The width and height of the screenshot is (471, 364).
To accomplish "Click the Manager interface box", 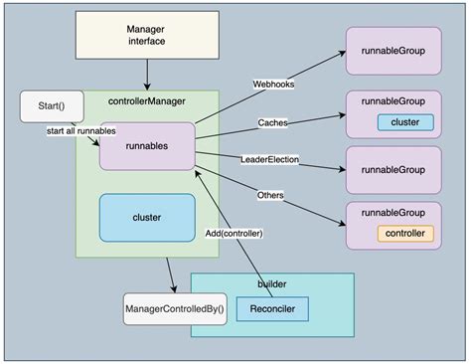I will [147, 35].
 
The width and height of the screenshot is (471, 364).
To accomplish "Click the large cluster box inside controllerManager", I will [146, 216].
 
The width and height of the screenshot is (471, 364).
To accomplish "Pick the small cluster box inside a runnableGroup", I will [404, 123].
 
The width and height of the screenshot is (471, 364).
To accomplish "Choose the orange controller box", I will [404, 234].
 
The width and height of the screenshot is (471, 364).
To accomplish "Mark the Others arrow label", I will [269, 195].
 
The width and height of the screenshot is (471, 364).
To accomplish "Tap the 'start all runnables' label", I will [81, 130].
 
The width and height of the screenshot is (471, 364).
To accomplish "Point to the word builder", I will [271, 284].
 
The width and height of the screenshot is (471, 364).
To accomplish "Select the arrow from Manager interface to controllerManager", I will [147, 73].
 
